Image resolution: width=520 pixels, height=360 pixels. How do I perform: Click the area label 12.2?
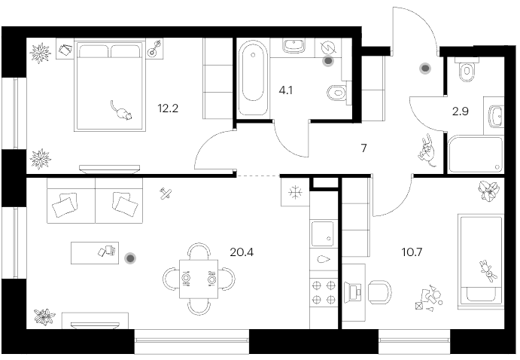(x=168, y=108)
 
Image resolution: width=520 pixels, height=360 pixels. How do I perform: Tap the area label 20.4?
(x=242, y=252)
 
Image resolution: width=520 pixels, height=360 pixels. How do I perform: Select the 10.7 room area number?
(x=412, y=252)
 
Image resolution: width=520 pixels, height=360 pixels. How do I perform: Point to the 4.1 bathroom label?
(x=285, y=90)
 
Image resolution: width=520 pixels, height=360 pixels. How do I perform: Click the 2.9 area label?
(x=461, y=111)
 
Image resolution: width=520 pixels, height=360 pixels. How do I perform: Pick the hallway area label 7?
(x=363, y=148)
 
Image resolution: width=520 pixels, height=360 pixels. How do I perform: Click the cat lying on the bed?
(x=121, y=111)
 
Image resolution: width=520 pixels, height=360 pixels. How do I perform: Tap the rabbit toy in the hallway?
(x=427, y=151)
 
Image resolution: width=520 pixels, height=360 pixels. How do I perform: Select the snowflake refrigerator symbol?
(x=295, y=192)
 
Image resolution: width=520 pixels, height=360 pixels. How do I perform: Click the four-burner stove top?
(x=324, y=292)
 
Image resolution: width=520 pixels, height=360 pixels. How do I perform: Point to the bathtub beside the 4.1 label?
(x=253, y=78)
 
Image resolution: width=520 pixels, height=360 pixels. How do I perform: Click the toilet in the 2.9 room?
(x=467, y=70)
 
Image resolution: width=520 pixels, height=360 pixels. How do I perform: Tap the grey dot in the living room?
(x=130, y=258)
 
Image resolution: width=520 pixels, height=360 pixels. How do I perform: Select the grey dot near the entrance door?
(x=425, y=69)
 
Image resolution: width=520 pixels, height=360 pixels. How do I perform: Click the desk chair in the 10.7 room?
(x=380, y=292)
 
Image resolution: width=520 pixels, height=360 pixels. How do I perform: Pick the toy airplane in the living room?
(x=165, y=194)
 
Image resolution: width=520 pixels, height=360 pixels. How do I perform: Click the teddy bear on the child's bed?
(x=488, y=271)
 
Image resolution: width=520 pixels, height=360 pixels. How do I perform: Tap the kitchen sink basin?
(x=322, y=234)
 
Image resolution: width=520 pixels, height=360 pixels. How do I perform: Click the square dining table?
(x=199, y=279)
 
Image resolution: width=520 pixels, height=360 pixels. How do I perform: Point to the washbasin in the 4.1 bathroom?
(x=293, y=46)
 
